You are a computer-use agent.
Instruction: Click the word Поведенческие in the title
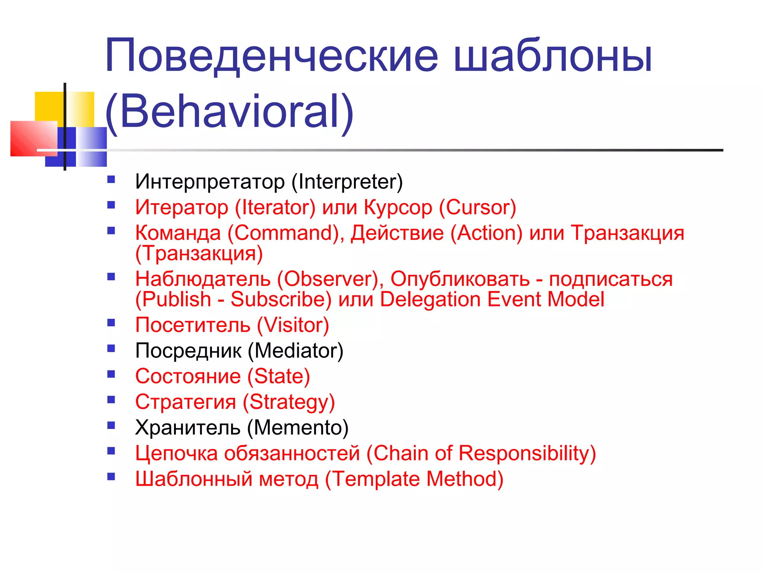coord(271,56)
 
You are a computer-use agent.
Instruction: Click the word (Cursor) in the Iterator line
coord(478,207)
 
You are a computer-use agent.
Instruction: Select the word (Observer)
coord(330,279)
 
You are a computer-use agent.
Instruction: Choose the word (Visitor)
coord(293,325)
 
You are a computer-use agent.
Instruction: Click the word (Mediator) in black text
coord(295,351)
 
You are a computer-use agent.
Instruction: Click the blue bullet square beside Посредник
coord(111,348)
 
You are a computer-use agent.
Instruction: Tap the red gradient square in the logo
coord(34,138)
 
